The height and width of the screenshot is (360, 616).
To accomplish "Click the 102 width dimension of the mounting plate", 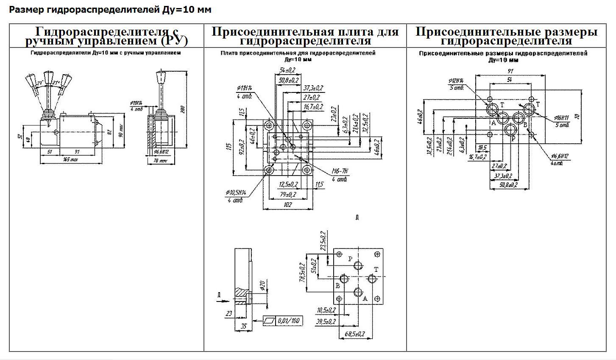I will tap(288, 204).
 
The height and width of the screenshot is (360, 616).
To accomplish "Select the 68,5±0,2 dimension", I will tap(354, 334).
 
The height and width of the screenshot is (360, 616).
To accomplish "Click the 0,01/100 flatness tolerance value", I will tap(290, 321).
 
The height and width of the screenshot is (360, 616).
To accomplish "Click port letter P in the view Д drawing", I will tap(350, 259).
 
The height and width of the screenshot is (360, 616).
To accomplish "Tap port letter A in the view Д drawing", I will tap(365, 299).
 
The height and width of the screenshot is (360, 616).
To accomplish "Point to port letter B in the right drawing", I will tap(525, 124).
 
